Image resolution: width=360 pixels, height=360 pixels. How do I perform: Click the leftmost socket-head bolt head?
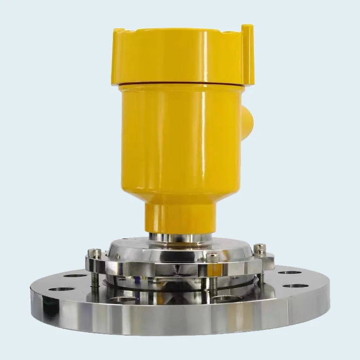(x=94, y=253)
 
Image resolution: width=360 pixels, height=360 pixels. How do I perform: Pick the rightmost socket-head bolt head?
(x=259, y=249)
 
